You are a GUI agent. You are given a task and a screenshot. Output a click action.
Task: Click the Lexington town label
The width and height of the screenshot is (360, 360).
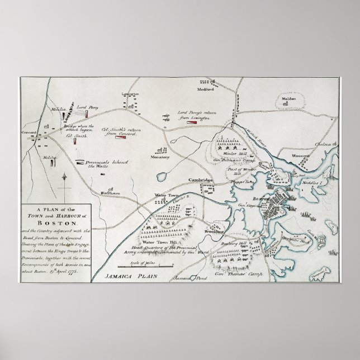tap(130, 95)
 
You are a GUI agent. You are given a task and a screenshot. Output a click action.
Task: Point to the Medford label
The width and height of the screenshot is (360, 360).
tap(206, 89)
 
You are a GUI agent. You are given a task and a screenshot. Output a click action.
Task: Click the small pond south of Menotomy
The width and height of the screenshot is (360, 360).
tap(162, 176)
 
